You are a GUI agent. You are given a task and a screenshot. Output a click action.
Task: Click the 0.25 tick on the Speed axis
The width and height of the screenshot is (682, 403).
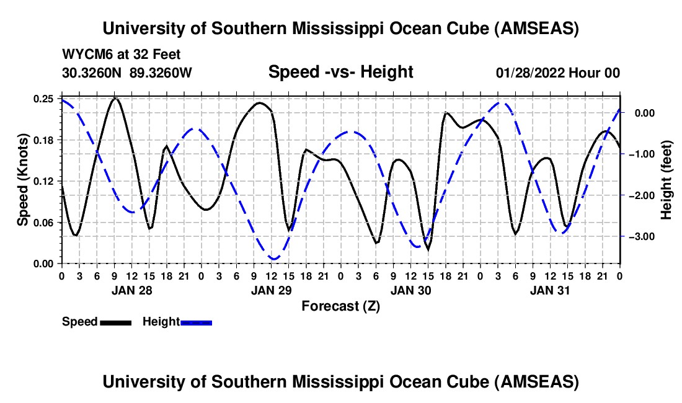43,99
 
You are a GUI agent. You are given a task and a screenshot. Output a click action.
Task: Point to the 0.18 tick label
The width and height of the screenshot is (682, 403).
43,140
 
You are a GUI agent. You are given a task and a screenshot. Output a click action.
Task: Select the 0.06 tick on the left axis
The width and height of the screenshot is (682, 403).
43,223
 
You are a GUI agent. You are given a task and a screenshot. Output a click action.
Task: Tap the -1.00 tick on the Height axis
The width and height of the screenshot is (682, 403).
641,154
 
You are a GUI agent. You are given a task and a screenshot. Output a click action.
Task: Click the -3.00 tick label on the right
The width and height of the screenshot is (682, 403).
641,237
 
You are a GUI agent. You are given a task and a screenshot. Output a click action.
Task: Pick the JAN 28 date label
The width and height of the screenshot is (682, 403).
132,290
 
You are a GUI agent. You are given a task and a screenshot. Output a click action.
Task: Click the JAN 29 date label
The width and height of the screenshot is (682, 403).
271,290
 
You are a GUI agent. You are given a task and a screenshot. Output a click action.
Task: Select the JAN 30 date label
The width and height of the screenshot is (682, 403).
410,290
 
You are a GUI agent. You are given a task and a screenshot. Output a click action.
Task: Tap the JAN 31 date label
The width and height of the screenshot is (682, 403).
550,290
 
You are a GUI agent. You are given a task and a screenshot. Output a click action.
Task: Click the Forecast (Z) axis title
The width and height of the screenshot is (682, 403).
340,306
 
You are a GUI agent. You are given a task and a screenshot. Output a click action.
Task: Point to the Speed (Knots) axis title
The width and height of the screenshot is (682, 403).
23,180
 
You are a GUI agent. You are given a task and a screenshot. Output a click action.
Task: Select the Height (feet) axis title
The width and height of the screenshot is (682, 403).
666,180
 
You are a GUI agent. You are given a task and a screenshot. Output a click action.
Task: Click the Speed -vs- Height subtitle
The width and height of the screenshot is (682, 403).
340,72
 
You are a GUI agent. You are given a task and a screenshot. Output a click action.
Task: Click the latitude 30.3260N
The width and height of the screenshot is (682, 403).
91,73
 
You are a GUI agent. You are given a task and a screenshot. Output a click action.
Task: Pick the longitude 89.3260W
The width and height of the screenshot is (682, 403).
161,73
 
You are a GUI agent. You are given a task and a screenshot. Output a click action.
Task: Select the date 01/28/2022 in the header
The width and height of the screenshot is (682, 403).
530,73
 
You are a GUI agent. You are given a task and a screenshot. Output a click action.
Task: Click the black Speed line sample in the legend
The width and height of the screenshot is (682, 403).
116,323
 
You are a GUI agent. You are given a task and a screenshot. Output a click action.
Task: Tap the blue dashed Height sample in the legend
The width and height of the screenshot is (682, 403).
196,323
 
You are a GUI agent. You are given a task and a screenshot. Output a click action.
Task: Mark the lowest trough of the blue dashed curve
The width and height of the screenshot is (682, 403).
273,259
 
